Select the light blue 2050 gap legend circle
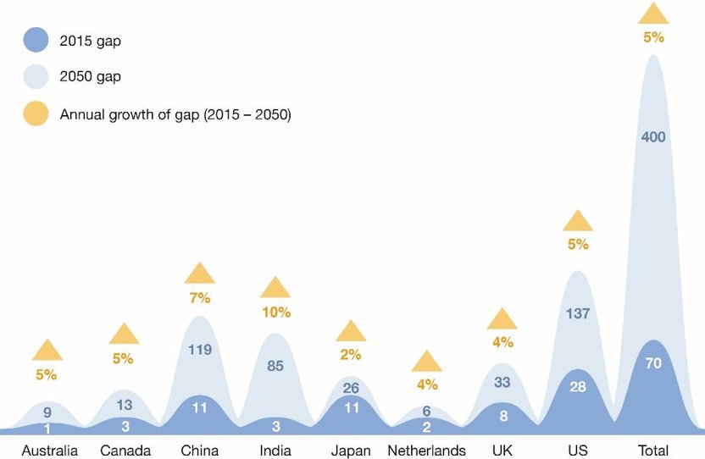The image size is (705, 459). pos(36,77)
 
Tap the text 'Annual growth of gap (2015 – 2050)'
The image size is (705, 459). pos(175,114)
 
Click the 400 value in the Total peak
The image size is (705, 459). pos(653,137)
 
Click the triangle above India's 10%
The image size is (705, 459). pos(275,288)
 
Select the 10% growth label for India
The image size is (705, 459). pos(275,312)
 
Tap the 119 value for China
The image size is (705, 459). pos(200,349)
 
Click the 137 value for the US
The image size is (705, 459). pos(578,313)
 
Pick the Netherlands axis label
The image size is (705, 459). pos(426,450)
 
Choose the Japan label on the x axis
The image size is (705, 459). pos(351,450)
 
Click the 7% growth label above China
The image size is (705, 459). pos(200,298)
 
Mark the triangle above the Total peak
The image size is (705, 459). pos(653,14)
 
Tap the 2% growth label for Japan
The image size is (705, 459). pos(351,355)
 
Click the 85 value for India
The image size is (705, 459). pos(275,368)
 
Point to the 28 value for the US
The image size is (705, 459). pos(578,387)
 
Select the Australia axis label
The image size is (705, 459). pos(49,450)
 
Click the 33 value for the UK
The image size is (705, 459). pos(502,381)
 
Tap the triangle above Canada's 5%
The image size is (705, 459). pos(124,334)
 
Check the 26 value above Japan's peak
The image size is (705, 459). pos(351,389)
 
